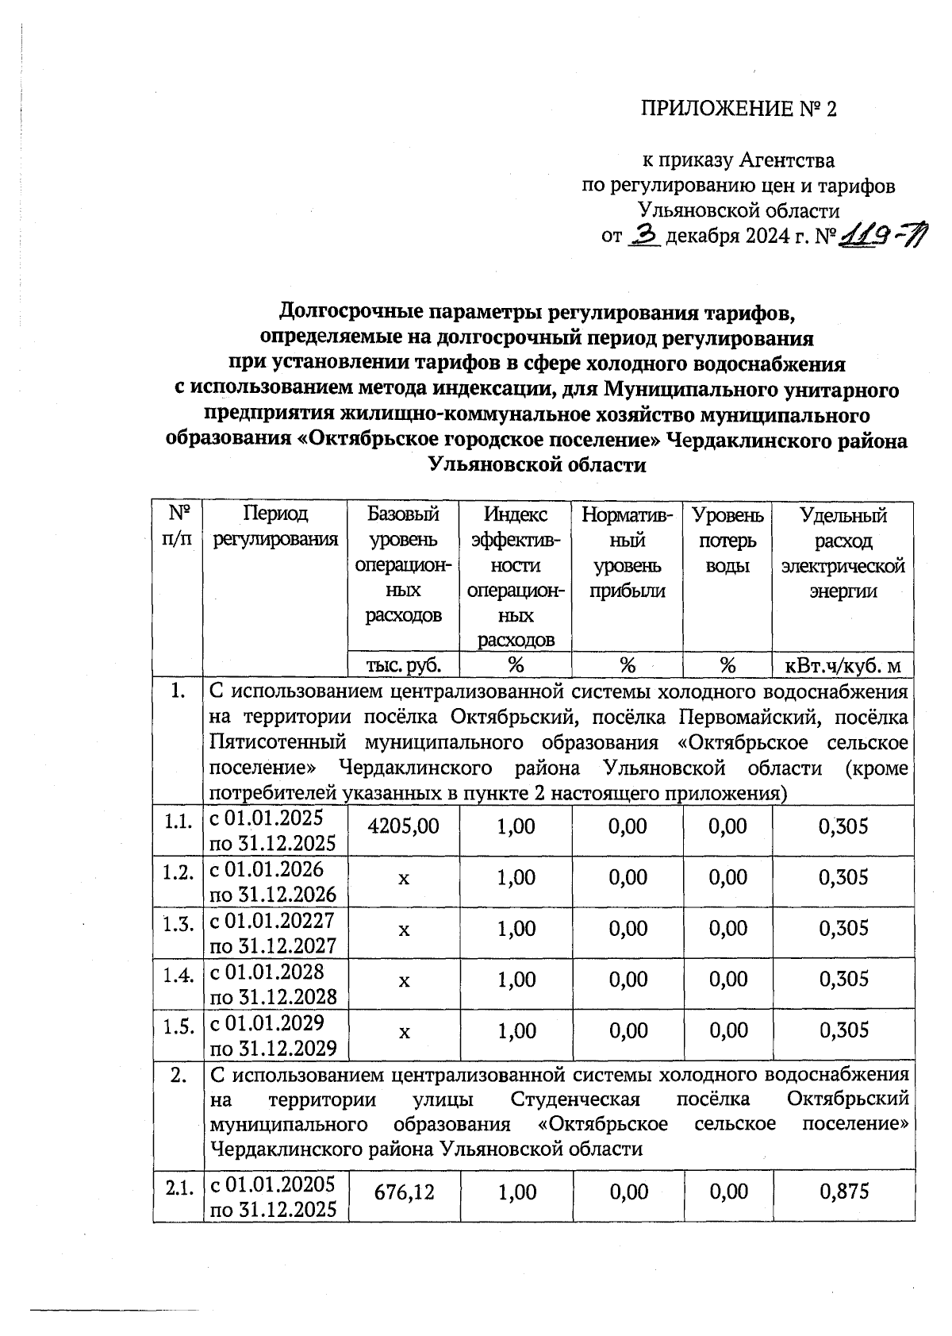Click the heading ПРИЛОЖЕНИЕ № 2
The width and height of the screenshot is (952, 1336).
[739, 109]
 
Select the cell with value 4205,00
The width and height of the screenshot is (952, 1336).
[403, 826]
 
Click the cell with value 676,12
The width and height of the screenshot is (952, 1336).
[403, 1192]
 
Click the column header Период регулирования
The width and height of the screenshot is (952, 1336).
[275, 527]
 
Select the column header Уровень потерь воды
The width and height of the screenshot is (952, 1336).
[727, 540]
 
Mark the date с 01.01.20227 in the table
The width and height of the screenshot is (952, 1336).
[272, 920]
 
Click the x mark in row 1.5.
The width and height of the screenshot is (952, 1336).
[403, 1031]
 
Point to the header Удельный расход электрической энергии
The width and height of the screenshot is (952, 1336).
[843, 552]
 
